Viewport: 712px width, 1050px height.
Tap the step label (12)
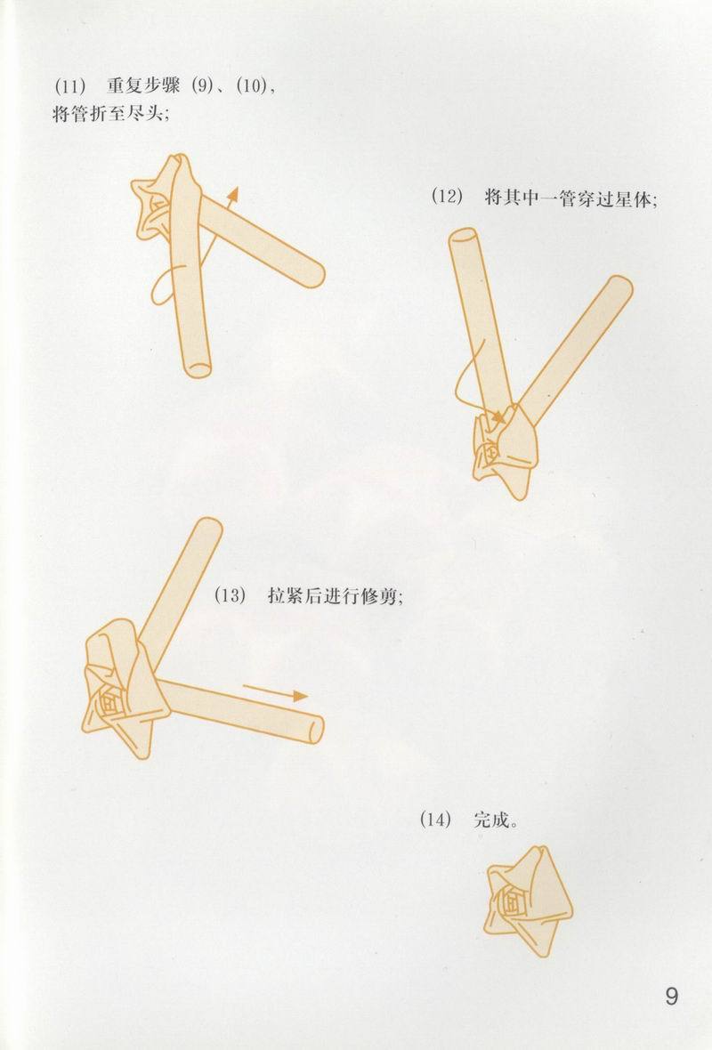click(447, 197)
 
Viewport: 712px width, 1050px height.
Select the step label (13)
click(229, 596)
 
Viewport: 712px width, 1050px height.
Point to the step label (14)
click(435, 820)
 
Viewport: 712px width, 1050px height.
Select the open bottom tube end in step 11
click(196, 365)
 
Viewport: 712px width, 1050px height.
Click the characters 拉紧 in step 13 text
click(284, 596)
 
